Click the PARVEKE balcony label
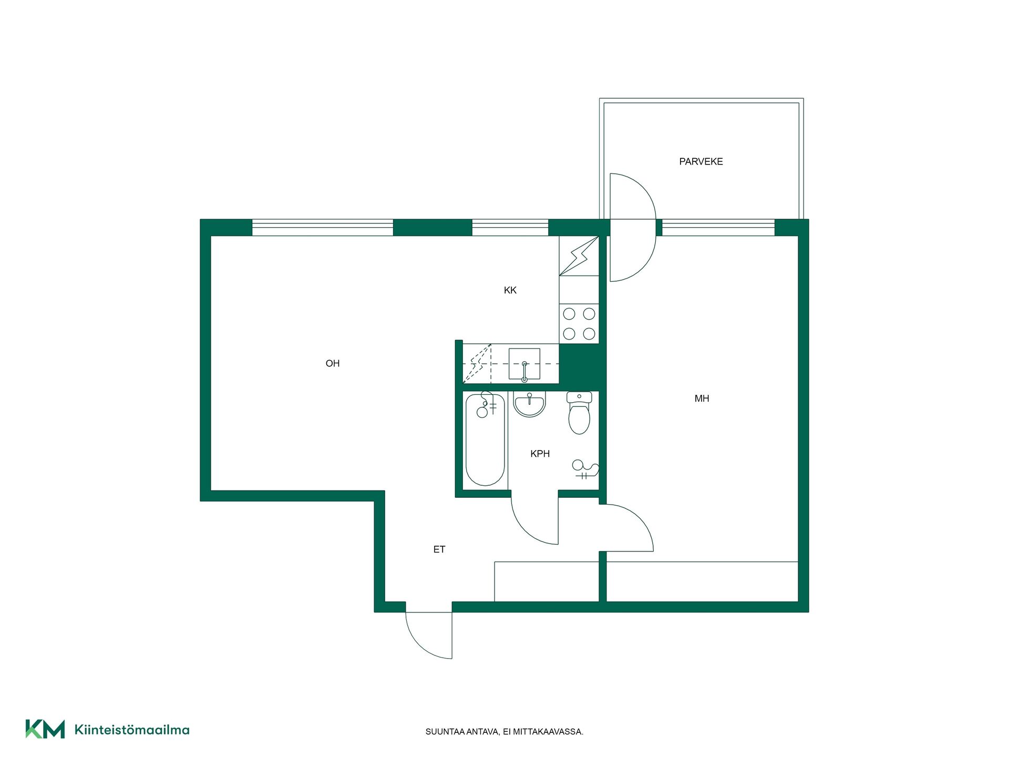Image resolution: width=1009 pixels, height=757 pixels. pos(701,162)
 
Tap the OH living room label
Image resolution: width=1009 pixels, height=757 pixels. pos(333,363)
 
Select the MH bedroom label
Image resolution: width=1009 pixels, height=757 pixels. pos(702,398)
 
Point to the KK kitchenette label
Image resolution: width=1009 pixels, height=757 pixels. pos(510,290)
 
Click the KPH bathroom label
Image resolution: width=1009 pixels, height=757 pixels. pos(540,454)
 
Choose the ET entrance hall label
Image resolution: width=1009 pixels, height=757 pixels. pos(439,549)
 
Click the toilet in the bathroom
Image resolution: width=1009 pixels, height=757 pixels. pos(579,413)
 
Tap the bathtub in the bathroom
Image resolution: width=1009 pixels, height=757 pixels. pos(485,439)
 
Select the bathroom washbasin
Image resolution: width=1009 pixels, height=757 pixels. pos(529,404)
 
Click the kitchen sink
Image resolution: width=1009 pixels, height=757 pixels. pos(524,364)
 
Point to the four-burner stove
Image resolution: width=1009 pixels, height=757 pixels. pos(579,324)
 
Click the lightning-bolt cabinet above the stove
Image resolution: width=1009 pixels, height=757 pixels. pos(579,256)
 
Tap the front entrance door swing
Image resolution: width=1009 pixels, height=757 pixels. pos(429,635)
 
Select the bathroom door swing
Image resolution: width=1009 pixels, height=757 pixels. pos(534,520)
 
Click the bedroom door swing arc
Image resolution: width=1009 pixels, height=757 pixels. pos(626,528)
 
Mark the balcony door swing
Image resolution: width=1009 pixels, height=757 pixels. pos(633,227)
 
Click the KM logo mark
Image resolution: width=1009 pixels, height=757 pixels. pos(45,729)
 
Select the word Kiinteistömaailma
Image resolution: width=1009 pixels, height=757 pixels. pos(132,730)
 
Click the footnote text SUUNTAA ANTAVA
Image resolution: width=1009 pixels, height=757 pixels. pos(462,732)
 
